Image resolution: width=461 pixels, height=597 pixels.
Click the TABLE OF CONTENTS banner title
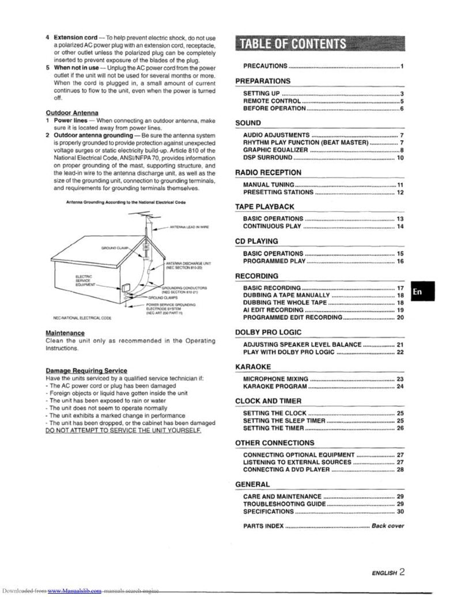click(x=293, y=44)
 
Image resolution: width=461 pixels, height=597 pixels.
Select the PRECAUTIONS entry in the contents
click(x=265, y=67)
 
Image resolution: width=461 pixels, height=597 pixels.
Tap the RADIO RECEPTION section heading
click(x=268, y=172)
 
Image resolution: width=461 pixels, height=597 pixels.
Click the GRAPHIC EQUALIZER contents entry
click(x=275, y=150)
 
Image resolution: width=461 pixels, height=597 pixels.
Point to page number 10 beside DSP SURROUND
click(x=400, y=157)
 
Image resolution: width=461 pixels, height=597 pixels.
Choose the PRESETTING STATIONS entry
click(x=278, y=192)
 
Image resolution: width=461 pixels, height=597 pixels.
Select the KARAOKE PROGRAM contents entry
click(x=275, y=386)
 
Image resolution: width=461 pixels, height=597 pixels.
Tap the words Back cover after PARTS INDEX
click(x=387, y=526)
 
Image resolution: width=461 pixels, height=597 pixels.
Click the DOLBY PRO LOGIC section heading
click(x=268, y=332)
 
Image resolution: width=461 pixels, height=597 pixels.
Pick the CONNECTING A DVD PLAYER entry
click(x=286, y=470)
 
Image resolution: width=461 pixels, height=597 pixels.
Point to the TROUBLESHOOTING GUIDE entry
click(x=285, y=504)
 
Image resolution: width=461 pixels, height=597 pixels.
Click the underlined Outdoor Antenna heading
click(x=72, y=112)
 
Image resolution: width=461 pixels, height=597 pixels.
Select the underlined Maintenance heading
click(x=65, y=333)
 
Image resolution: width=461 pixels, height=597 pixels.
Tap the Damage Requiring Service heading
click(x=86, y=370)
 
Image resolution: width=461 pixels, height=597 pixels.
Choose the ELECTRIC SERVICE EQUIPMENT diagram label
click(x=85, y=281)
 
